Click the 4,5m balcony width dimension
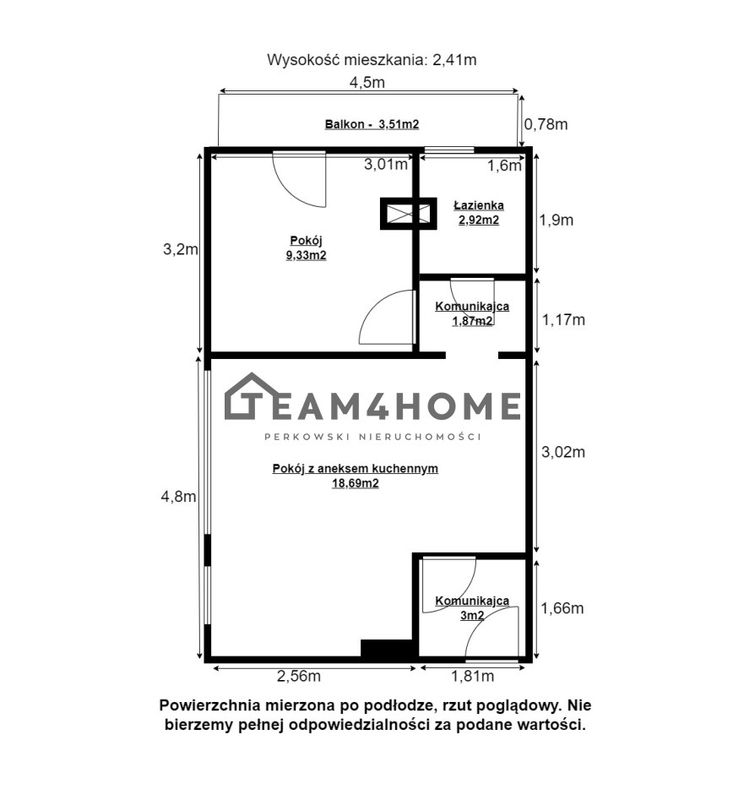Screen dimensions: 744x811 (x=367, y=82)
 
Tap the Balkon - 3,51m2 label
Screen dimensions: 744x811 (x=372, y=124)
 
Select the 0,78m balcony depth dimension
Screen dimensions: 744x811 (x=546, y=124)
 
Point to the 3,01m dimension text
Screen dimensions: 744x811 (x=386, y=165)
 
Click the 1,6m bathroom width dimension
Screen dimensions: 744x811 (x=505, y=166)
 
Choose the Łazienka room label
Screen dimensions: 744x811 (x=479, y=205)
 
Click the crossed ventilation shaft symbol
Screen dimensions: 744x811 (x=409, y=213)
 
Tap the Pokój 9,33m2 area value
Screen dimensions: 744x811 (x=306, y=255)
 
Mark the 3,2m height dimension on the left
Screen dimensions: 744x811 (x=181, y=249)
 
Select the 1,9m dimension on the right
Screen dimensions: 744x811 (x=557, y=220)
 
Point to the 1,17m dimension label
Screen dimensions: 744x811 (x=563, y=319)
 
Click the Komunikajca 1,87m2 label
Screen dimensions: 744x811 (x=472, y=313)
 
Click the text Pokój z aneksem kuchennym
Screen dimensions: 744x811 (x=356, y=469)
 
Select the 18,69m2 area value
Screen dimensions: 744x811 (x=356, y=483)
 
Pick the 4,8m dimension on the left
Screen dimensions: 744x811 (x=179, y=497)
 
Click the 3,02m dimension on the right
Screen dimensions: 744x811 (x=563, y=452)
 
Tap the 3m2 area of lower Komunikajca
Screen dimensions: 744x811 (x=472, y=616)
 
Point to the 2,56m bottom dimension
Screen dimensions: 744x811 (x=299, y=676)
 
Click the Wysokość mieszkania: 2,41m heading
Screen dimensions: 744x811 (x=372, y=60)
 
